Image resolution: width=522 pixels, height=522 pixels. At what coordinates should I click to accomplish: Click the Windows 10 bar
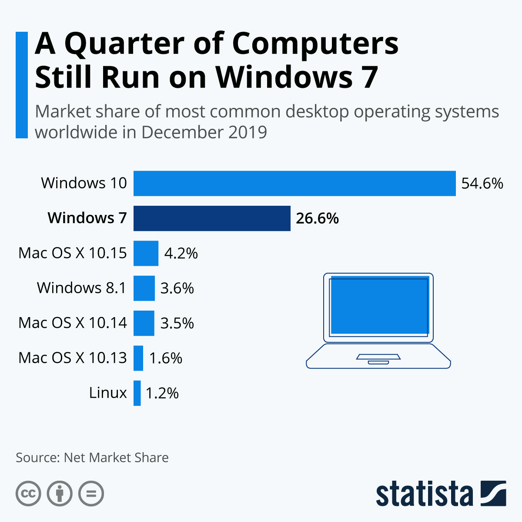[x=294, y=184]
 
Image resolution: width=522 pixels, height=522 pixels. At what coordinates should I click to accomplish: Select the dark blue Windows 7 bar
[x=212, y=218]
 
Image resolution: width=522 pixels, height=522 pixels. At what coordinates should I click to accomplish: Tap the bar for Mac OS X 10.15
[x=146, y=253]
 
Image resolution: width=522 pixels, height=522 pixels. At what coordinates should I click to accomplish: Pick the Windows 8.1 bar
[x=144, y=288]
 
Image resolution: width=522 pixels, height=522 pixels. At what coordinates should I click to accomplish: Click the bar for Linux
[x=137, y=393]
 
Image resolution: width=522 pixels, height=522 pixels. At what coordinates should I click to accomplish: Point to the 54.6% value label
[x=482, y=184]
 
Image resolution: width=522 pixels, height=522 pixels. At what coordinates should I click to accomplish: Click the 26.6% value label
[x=317, y=218]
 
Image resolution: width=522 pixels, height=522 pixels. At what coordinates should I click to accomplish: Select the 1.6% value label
[x=165, y=358]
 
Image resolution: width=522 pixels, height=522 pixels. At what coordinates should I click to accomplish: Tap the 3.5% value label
[x=177, y=323]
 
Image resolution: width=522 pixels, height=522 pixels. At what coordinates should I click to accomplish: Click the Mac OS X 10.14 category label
[x=73, y=323]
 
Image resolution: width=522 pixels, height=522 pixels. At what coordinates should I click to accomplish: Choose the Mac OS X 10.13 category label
[x=73, y=358]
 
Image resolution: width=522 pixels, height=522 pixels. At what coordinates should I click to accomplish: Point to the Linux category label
[x=108, y=393]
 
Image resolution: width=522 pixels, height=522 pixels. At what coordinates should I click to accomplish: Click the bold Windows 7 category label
[x=87, y=218]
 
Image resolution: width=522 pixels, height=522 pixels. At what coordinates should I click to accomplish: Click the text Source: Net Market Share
[x=92, y=458]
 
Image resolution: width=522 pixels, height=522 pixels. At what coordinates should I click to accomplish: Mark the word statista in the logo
[x=425, y=494]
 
